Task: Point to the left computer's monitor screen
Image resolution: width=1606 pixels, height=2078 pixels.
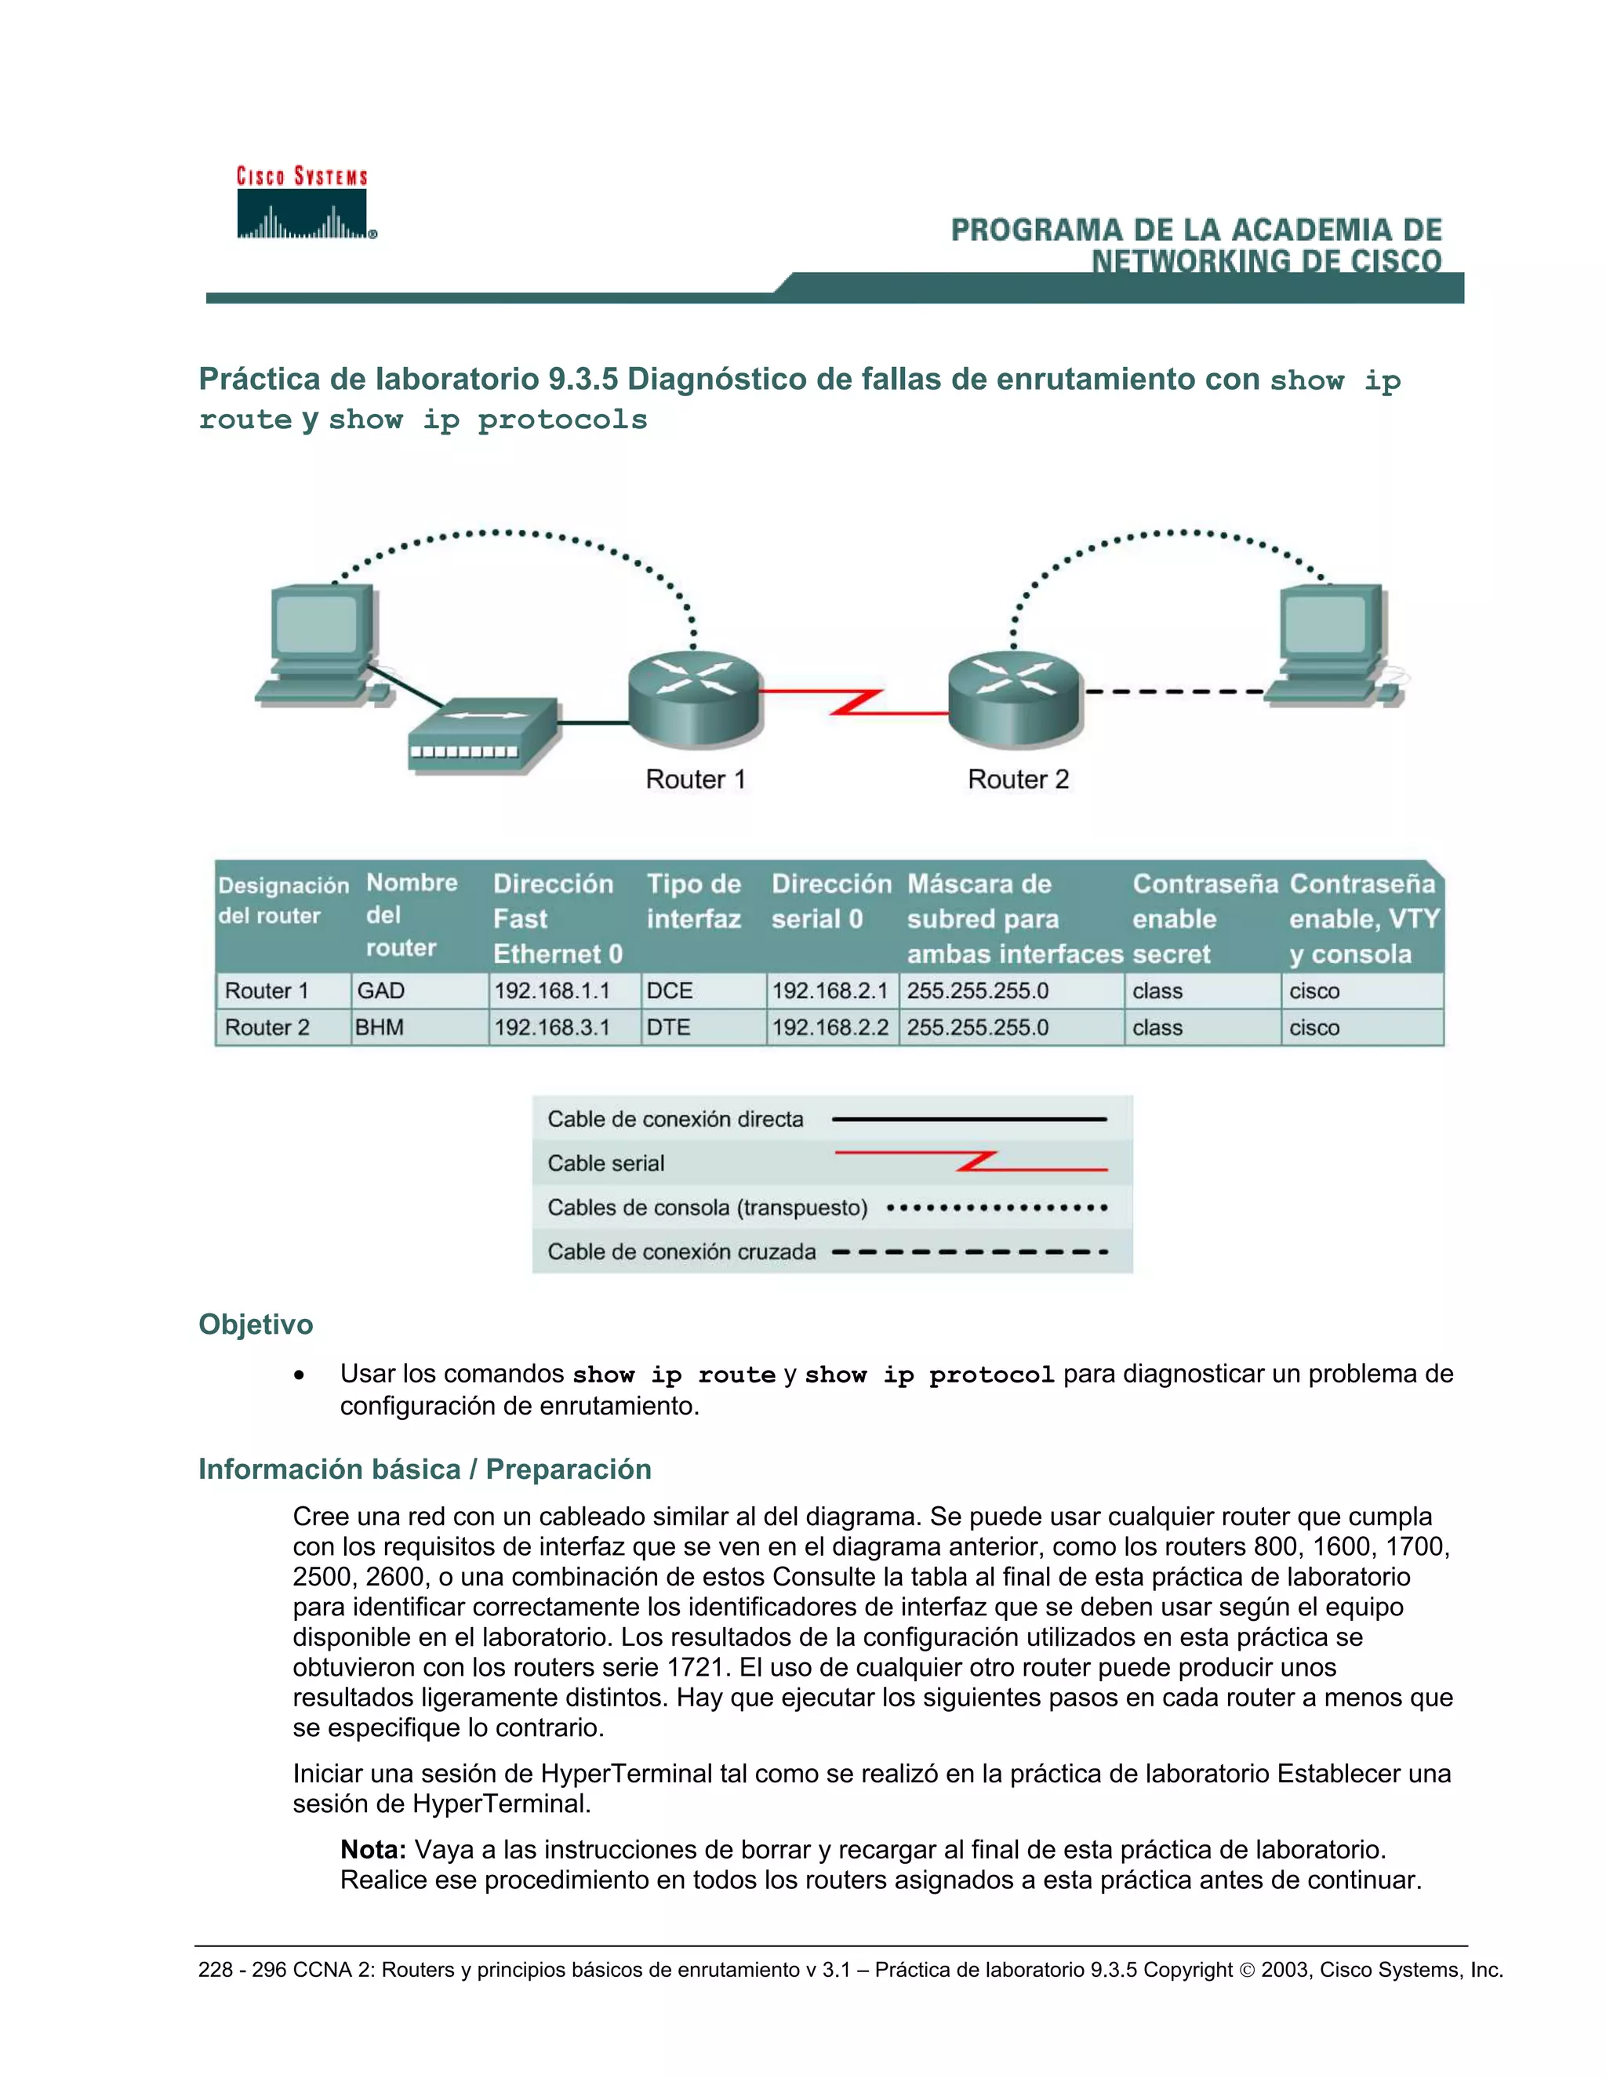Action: pos(316,624)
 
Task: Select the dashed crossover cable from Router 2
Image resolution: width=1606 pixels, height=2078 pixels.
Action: pos(1175,692)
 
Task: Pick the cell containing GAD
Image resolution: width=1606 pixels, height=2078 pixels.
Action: pos(382,990)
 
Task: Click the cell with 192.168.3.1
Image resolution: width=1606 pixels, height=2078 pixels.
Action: pos(552,1027)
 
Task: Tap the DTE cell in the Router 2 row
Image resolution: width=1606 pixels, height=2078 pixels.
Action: pos(669,1027)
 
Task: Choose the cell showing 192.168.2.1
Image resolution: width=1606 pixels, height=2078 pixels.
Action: pos(830,990)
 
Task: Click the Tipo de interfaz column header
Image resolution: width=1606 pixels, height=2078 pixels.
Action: pos(693,901)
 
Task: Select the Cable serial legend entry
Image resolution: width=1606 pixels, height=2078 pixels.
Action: pos(606,1163)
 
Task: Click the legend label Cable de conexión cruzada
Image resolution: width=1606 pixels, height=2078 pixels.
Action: pos(681,1252)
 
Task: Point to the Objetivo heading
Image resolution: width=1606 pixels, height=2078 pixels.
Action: pos(256,1324)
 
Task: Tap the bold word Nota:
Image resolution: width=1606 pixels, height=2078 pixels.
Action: pos(373,1850)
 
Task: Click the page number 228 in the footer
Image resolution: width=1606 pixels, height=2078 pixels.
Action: pos(215,1970)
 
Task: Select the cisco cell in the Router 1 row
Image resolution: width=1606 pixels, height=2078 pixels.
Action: pos(1314,990)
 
